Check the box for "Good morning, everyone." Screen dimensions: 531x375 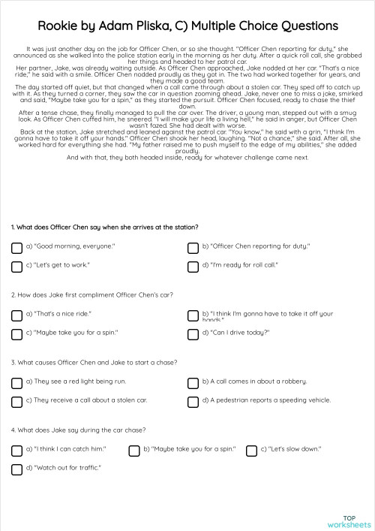(x=16, y=247)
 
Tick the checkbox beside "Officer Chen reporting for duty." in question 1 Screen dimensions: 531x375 (x=193, y=247)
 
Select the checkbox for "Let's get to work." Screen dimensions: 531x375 (x=16, y=267)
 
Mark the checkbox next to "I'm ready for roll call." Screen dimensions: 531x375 (x=193, y=267)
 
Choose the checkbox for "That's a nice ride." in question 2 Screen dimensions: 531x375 (x=16, y=315)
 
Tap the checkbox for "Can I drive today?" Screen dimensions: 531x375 (x=193, y=334)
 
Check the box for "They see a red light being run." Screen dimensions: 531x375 (x=16, y=383)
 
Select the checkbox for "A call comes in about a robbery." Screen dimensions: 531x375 (x=193, y=383)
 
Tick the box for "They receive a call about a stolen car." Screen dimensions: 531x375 (x=16, y=403)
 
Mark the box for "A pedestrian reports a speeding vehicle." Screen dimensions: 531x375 (x=193, y=403)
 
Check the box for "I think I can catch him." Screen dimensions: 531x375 (x=16, y=451)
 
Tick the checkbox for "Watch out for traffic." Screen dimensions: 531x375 (x=16, y=470)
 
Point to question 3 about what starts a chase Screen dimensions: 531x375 (x=94, y=363)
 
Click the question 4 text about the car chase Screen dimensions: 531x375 (x=79, y=430)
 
